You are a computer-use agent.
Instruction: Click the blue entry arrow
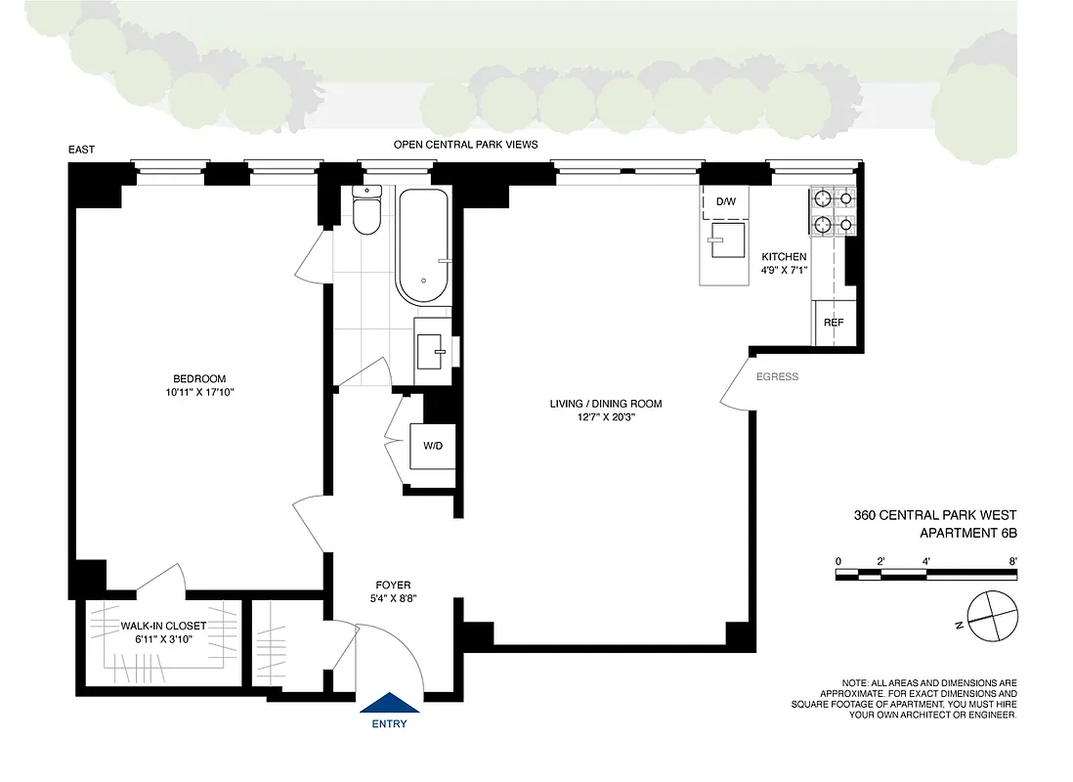pos(390,704)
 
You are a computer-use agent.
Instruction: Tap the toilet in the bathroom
pos(366,212)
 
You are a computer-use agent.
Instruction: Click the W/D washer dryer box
pos(432,446)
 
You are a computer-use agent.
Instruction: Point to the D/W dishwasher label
pos(726,201)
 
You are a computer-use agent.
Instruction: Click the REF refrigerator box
pos(833,323)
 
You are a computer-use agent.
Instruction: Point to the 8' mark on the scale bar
pos(1013,561)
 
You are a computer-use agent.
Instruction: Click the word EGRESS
pos(777,376)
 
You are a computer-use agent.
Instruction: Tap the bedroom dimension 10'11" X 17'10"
pos(199,393)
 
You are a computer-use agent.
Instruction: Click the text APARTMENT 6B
pos(968,533)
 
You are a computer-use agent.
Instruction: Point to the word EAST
pos(81,150)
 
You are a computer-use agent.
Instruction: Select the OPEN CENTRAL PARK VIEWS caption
pos(465,145)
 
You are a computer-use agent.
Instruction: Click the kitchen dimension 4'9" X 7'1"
pos(784,272)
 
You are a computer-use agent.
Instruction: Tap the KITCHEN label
pos(784,257)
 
